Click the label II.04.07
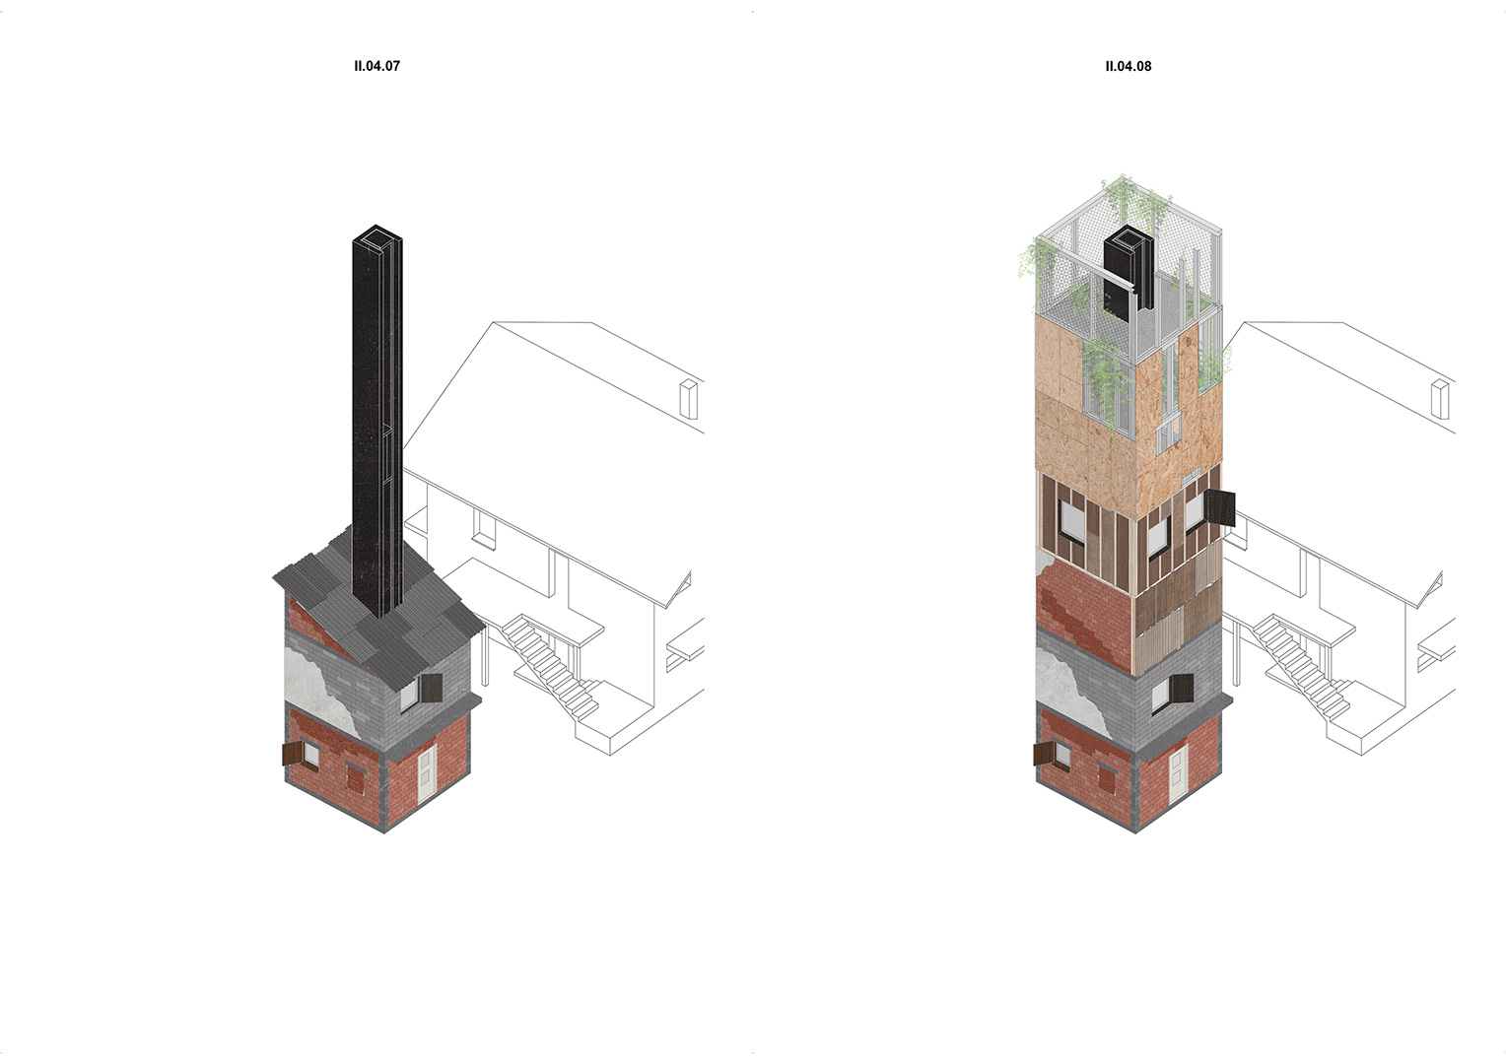(x=377, y=66)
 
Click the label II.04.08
(x=1129, y=66)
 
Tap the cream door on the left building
(x=427, y=774)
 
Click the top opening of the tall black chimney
(x=377, y=236)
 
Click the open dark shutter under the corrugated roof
(x=431, y=688)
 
